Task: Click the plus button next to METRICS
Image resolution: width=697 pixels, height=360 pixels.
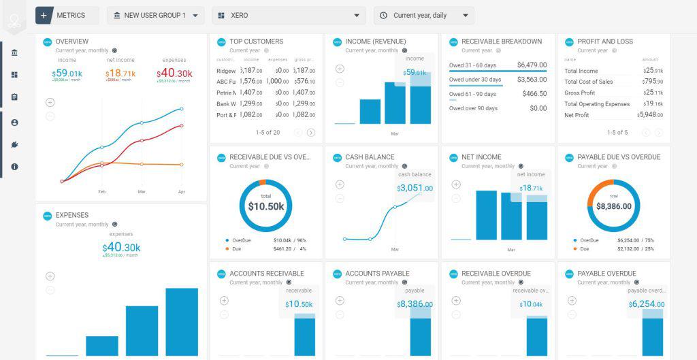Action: tap(44, 15)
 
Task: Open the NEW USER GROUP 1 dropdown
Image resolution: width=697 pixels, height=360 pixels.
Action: tap(155, 15)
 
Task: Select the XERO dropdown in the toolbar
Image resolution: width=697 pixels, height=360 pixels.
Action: tap(289, 15)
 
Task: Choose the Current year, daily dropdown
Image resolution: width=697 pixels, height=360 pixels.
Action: tap(423, 15)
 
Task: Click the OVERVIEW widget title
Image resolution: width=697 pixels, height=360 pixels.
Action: tap(72, 42)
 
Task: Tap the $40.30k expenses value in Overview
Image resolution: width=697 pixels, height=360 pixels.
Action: tap(175, 73)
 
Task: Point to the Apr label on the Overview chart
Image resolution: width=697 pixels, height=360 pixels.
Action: tap(181, 192)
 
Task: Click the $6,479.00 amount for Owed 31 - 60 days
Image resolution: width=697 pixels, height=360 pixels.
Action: tap(532, 65)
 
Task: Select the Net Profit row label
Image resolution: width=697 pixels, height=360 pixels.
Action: tap(577, 115)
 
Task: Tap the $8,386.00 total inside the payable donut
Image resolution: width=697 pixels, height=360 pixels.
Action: tap(614, 206)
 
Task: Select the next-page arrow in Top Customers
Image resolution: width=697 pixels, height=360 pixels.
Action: tap(311, 133)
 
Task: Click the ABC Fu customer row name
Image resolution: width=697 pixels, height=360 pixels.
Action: tap(227, 82)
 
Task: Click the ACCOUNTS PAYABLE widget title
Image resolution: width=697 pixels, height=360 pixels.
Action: tap(377, 274)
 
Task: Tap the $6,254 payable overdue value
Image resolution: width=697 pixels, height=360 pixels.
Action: tap(645, 304)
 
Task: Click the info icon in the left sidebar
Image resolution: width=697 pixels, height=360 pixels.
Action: tap(14, 167)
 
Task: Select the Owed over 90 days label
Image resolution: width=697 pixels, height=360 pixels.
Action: tap(473, 108)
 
